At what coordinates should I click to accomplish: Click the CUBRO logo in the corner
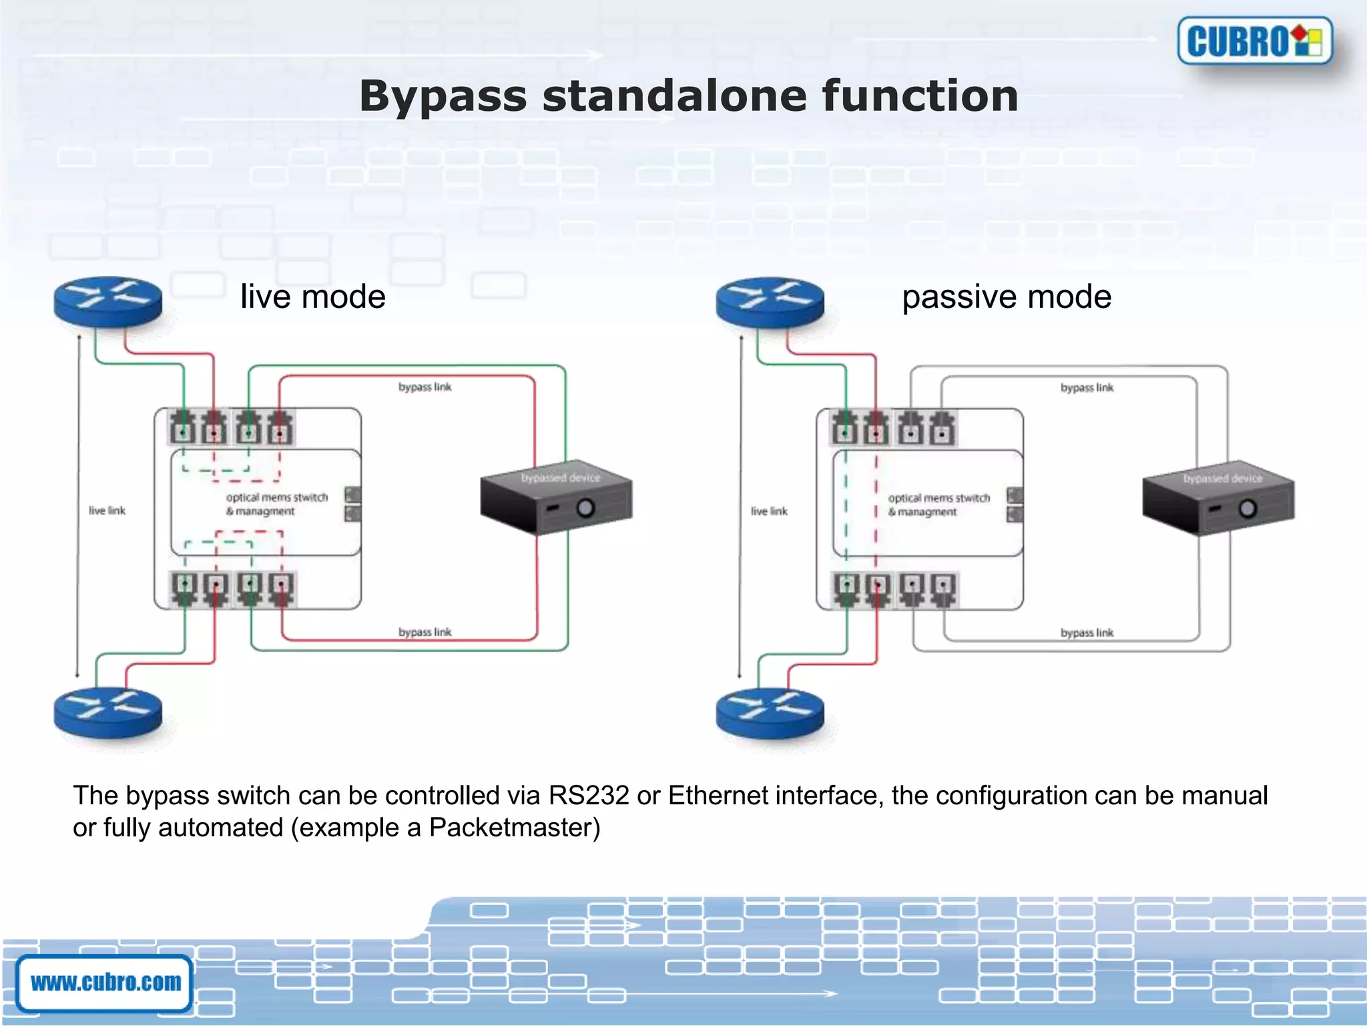[1254, 41]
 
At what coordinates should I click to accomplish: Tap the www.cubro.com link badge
[105, 983]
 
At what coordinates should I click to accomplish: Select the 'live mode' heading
[312, 297]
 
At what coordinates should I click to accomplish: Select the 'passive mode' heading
[1007, 297]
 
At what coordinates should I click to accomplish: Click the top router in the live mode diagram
[107, 301]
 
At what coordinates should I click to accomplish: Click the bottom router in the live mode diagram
[107, 712]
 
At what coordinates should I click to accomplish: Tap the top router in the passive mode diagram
[770, 301]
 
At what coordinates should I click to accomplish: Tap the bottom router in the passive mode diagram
[770, 712]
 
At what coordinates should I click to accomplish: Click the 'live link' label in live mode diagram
[107, 511]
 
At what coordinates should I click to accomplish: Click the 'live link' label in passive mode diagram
[769, 512]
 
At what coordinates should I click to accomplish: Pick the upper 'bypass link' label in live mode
[425, 387]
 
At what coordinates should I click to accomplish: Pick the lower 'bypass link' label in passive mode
[1087, 633]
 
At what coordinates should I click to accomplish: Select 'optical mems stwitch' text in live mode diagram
[277, 498]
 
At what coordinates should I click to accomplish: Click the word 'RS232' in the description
[589, 796]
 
